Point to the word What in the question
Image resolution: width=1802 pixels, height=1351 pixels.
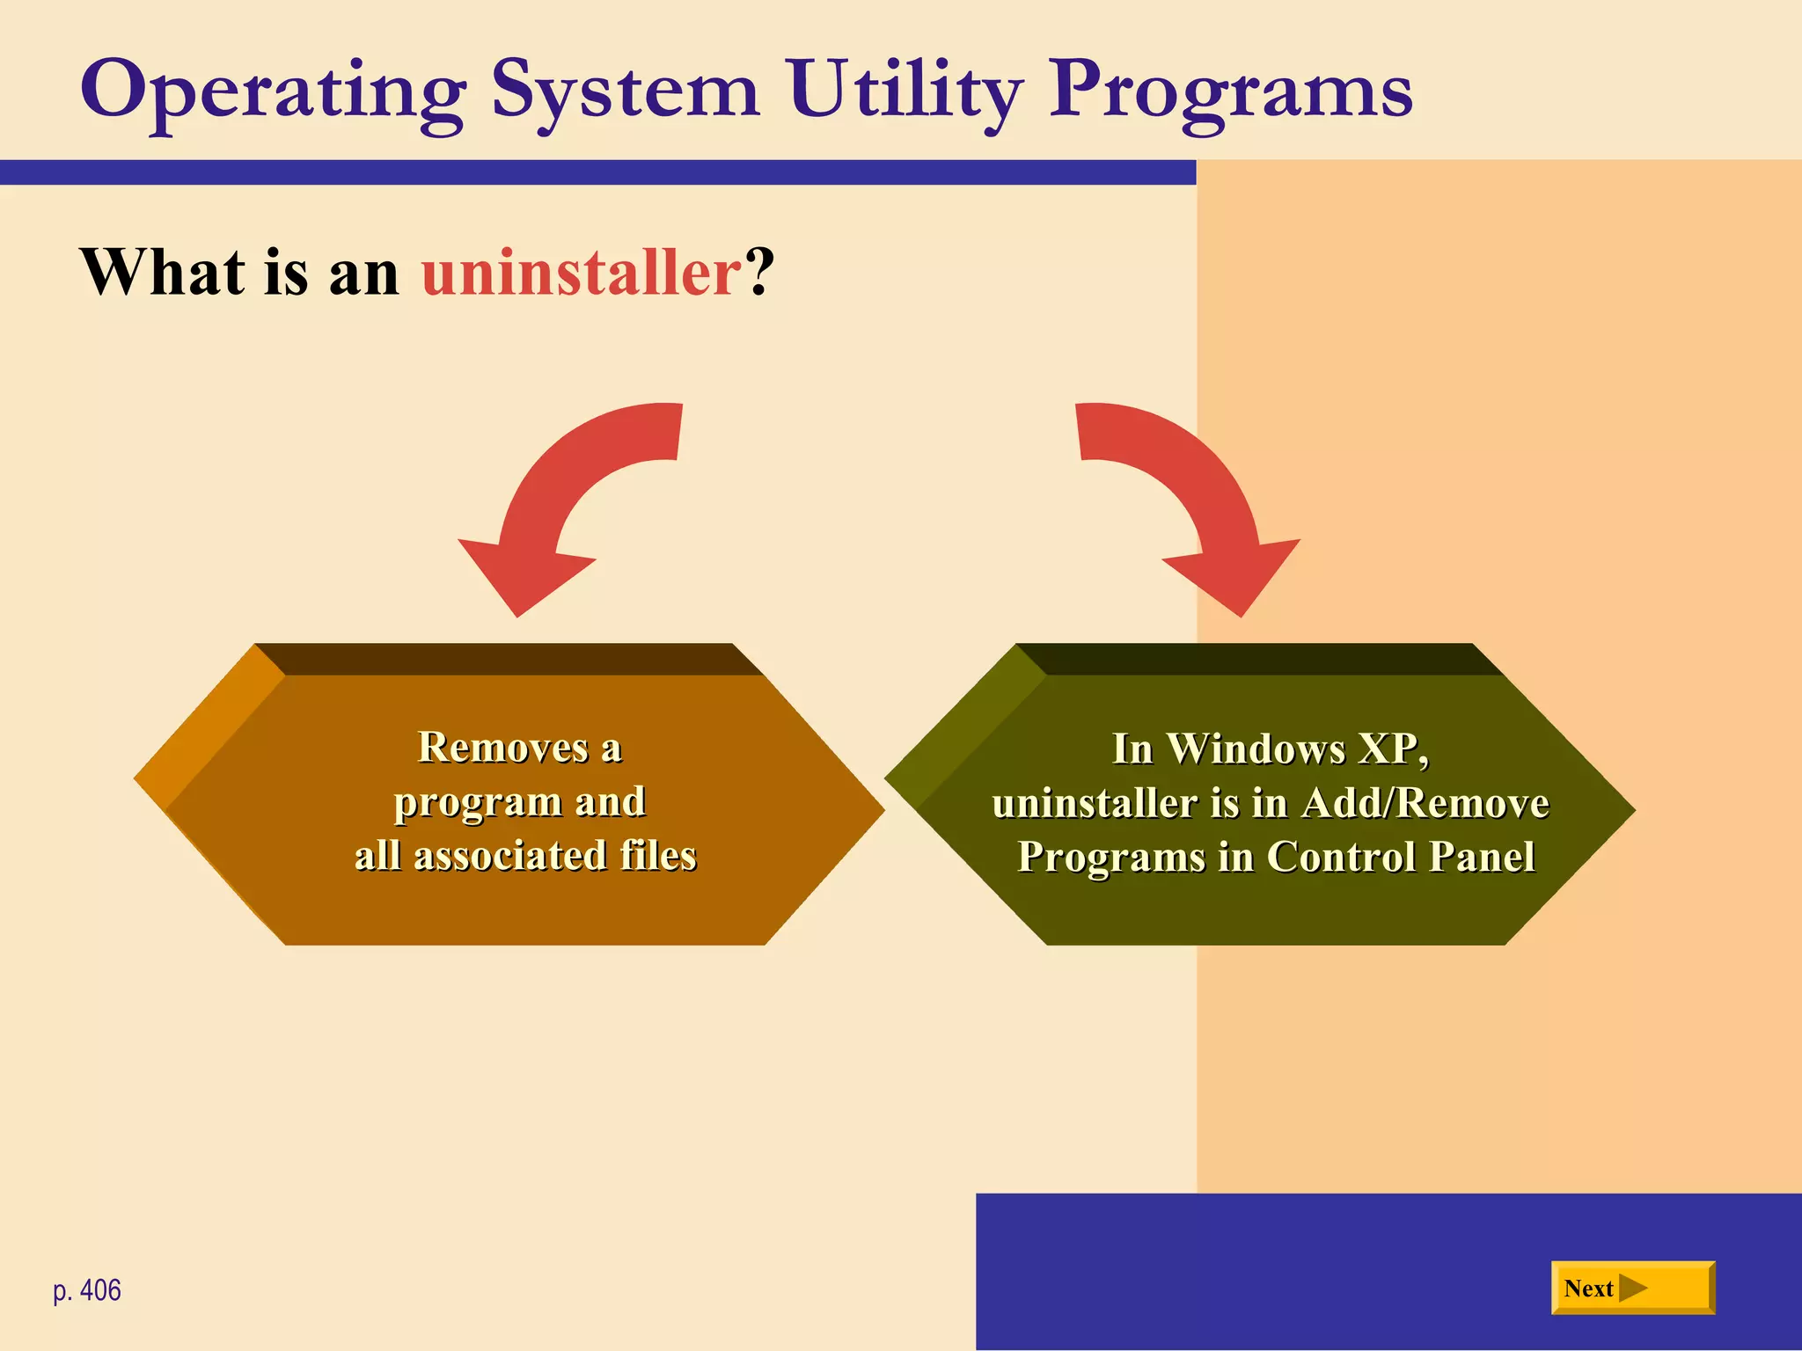[163, 273]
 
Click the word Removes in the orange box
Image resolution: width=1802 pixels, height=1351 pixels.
[502, 749]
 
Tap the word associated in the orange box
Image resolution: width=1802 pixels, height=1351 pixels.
[509, 856]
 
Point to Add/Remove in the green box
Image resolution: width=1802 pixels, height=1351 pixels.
[1425, 803]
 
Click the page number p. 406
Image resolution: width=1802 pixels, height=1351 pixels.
[87, 1290]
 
